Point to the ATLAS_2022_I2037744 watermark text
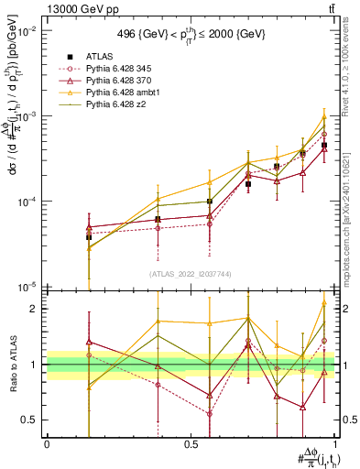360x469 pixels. (191, 273)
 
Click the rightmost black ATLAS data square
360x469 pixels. (324, 145)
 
